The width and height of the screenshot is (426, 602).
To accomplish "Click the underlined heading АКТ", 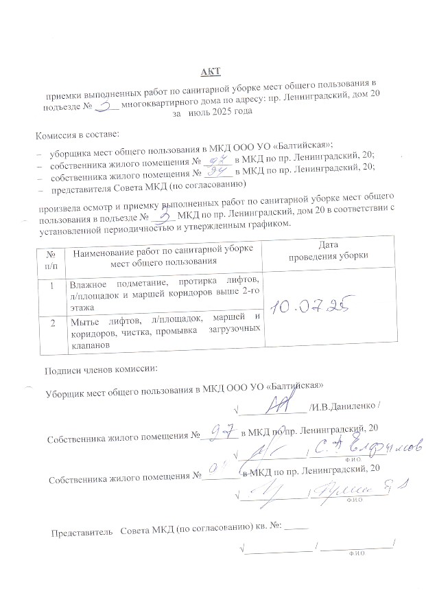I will click(211, 71).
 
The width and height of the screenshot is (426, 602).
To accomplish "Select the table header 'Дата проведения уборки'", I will click(324, 250).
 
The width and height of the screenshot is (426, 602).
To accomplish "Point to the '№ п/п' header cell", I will click(50, 255).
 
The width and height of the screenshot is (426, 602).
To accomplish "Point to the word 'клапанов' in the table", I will click(90, 347).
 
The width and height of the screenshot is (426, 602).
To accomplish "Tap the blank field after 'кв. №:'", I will click(296, 530).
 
